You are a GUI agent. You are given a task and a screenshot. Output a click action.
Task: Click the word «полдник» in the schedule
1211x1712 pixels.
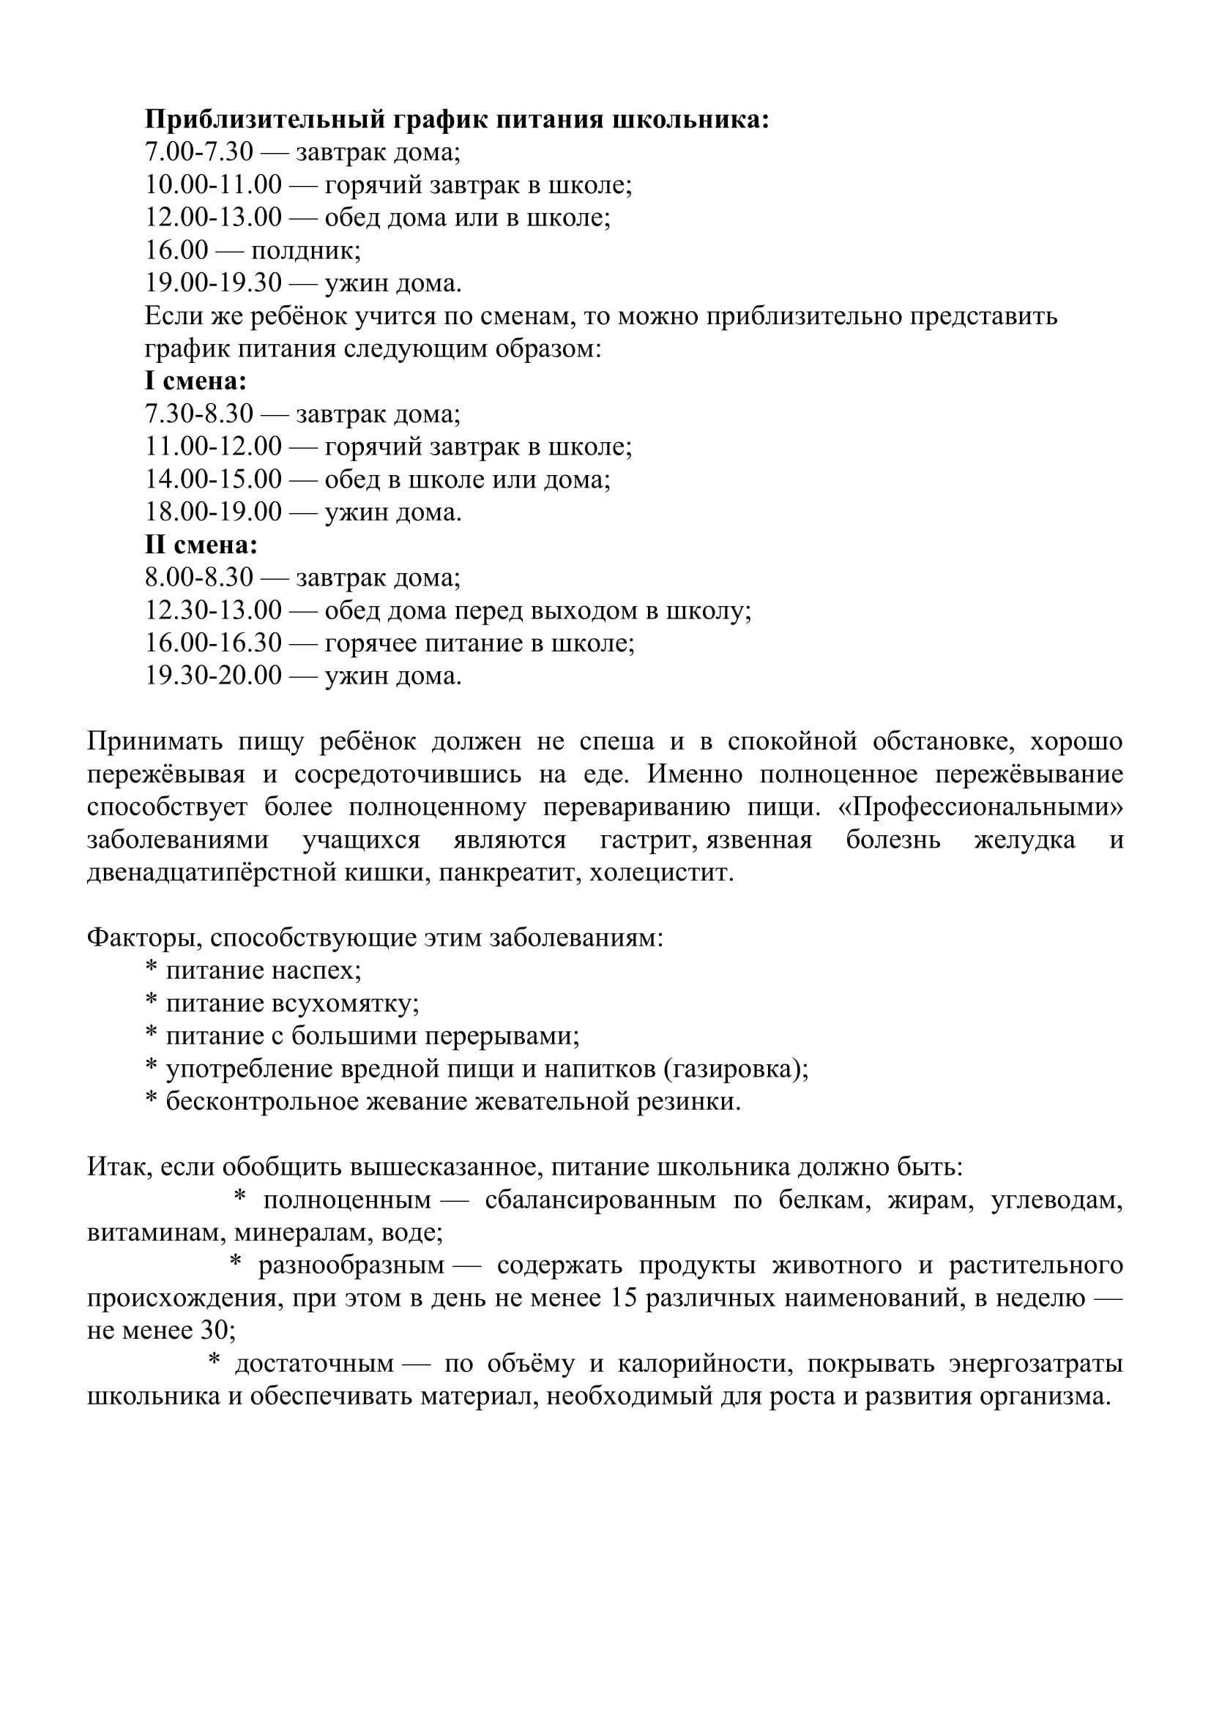coord(305,250)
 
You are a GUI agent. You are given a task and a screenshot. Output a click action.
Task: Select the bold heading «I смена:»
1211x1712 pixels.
coord(195,382)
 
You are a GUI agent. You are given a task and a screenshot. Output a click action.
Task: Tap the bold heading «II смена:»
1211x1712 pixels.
coord(201,545)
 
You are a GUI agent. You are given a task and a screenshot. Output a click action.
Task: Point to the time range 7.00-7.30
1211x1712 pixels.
coord(199,152)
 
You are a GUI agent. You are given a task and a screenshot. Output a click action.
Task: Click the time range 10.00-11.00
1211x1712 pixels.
coord(213,185)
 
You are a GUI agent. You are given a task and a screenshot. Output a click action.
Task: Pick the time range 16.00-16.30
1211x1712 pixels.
coord(213,643)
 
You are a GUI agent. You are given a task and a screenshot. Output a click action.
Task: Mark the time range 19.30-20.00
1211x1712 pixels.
coord(213,676)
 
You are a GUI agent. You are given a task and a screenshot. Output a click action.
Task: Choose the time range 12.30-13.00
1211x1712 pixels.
coord(213,610)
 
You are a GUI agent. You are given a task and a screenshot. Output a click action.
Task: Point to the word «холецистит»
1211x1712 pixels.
coord(660,873)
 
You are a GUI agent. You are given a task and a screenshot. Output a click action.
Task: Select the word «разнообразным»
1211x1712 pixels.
coord(351,1266)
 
